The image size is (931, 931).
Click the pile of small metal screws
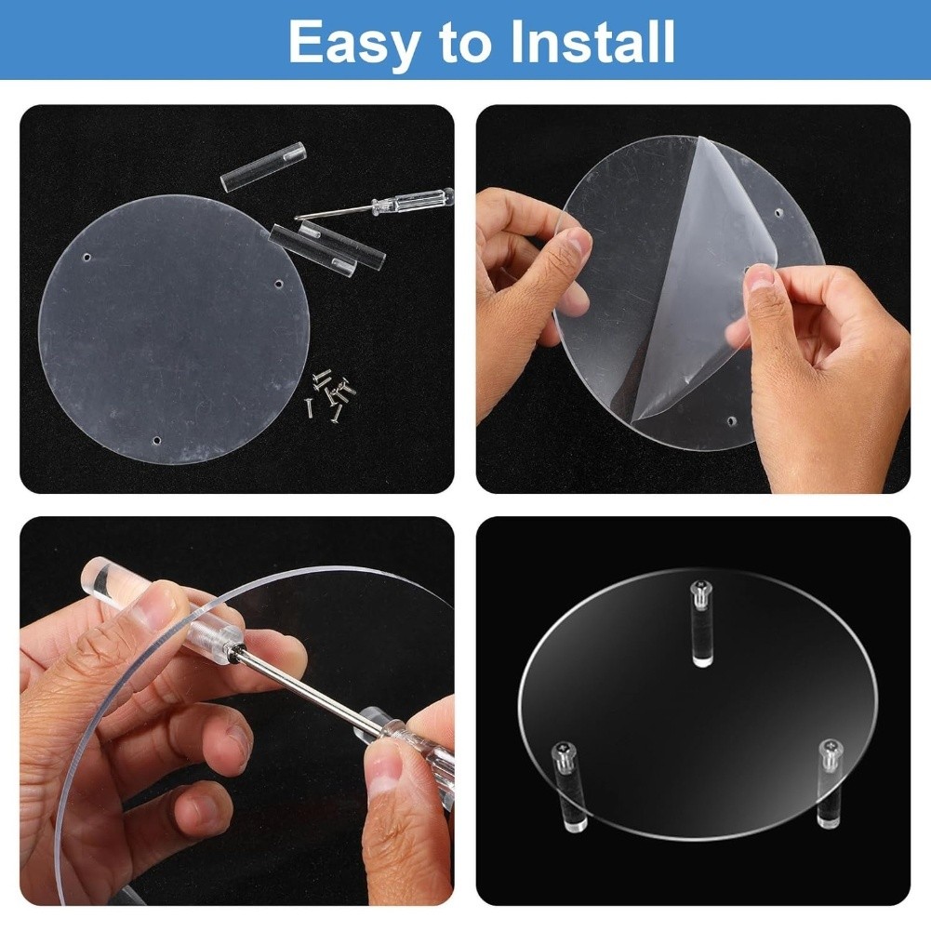click(x=331, y=394)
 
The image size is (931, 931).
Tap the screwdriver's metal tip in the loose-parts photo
click(x=297, y=218)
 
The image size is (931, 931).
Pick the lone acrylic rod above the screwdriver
click(x=263, y=166)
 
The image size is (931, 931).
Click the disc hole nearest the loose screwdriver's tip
click(x=279, y=285)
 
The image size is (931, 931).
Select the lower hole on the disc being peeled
click(x=732, y=421)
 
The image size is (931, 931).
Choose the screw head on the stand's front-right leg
click(x=830, y=748)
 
